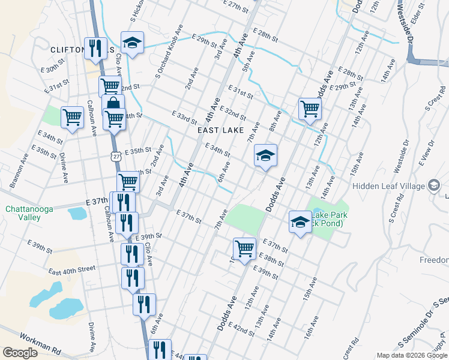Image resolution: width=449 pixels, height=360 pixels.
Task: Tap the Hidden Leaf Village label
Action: [x=389, y=186]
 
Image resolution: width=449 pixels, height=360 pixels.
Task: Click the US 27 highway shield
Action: [x=116, y=157]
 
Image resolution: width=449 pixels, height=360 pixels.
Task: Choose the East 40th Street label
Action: [x=71, y=270]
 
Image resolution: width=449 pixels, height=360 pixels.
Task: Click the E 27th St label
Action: [x=235, y=6]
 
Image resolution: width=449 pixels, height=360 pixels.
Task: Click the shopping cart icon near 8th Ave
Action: [x=310, y=109]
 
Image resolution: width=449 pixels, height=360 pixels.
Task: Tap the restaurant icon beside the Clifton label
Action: [x=95, y=48]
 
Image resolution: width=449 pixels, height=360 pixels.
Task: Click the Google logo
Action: [x=20, y=353]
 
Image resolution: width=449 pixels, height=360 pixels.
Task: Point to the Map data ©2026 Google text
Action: [x=412, y=355]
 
